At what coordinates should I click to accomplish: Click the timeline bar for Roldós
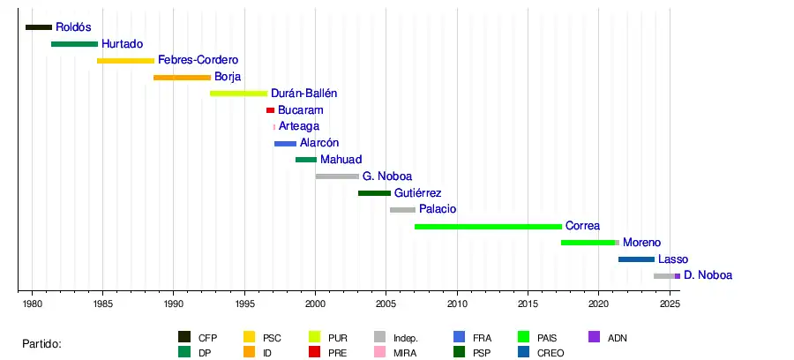point(39,27)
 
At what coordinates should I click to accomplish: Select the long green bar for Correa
point(488,227)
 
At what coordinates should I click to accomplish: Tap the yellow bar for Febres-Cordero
point(125,61)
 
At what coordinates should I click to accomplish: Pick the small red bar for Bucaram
point(270,110)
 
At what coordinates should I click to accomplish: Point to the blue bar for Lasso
point(636,259)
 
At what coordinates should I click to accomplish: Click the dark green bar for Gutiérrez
point(374,193)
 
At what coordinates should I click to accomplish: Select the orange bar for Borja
point(182,78)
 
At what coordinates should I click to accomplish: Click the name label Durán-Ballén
point(303,94)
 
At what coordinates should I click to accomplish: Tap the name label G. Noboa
point(386,176)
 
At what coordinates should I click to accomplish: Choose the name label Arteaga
point(298,127)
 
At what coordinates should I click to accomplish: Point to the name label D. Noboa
point(708,276)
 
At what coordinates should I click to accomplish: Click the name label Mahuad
point(341,160)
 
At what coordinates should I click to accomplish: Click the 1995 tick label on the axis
point(244,304)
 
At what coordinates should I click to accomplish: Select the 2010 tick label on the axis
point(457,304)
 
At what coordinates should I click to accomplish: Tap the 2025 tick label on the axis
point(670,304)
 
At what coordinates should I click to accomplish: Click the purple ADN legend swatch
point(594,337)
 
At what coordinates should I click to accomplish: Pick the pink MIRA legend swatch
point(380,353)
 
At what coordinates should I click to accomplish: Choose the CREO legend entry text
point(551,353)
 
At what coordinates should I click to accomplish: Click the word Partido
point(41,343)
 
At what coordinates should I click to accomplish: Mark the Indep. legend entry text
point(406,338)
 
